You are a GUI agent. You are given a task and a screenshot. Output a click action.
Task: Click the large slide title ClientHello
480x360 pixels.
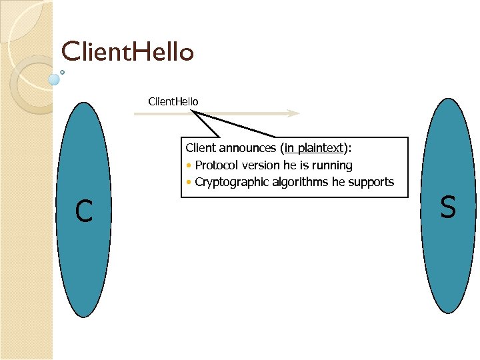click(127, 51)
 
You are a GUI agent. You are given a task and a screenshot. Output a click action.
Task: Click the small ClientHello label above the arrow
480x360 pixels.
click(173, 101)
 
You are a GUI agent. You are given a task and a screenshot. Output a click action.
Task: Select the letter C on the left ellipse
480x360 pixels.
click(83, 212)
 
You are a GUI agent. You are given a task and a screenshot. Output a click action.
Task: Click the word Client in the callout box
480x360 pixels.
click(201, 148)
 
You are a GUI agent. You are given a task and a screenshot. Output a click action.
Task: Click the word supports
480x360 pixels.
click(371, 182)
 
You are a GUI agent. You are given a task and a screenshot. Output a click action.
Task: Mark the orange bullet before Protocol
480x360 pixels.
click(189, 165)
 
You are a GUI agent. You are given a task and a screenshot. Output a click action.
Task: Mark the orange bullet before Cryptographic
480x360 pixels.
click(189, 183)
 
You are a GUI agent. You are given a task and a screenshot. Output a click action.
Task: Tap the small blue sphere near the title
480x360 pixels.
click(54, 79)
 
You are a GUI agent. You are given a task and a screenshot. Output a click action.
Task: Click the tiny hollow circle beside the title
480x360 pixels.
click(62, 71)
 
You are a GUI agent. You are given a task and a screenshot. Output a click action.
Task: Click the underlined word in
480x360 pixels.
click(289, 148)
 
